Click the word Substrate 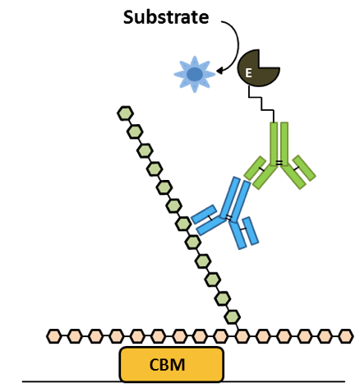click(x=166, y=17)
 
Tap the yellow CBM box click(x=172, y=364)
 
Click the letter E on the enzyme click(x=248, y=73)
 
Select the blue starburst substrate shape click(x=195, y=74)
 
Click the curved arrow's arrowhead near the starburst click(x=219, y=72)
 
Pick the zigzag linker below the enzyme click(x=261, y=104)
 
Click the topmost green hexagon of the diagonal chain click(x=126, y=113)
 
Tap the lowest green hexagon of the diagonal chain click(x=233, y=317)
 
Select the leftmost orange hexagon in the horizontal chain click(x=53, y=336)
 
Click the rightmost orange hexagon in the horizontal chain click(x=346, y=336)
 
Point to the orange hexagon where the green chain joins click(x=242, y=336)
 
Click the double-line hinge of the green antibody click(x=279, y=163)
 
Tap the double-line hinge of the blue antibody click(x=229, y=218)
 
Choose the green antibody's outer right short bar click(x=304, y=168)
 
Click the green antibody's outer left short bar click(x=255, y=168)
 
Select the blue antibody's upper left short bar click(x=204, y=214)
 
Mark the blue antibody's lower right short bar click(x=251, y=230)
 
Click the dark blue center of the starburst click(x=195, y=74)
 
